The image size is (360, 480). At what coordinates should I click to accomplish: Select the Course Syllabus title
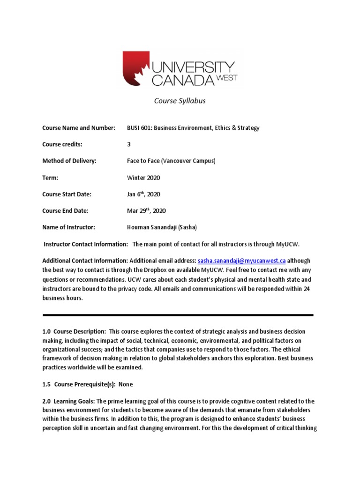coord(180,101)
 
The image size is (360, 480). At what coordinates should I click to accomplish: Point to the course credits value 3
coord(129,144)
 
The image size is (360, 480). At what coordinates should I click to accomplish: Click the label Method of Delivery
coord(69,161)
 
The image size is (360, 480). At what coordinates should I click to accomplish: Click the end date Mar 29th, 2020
coord(146,210)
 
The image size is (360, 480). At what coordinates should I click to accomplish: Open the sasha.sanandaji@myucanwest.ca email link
coord(242,261)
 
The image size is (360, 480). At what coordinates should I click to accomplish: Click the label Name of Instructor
coord(68,227)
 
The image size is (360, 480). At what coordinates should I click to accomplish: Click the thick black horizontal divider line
coord(178,315)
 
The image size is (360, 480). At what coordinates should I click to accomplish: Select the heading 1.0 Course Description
coord(74,331)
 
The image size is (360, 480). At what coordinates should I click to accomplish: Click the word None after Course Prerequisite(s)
coord(126,384)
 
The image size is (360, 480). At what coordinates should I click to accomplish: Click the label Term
coord(50,178)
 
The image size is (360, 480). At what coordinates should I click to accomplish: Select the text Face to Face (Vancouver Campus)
coord(171,161)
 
